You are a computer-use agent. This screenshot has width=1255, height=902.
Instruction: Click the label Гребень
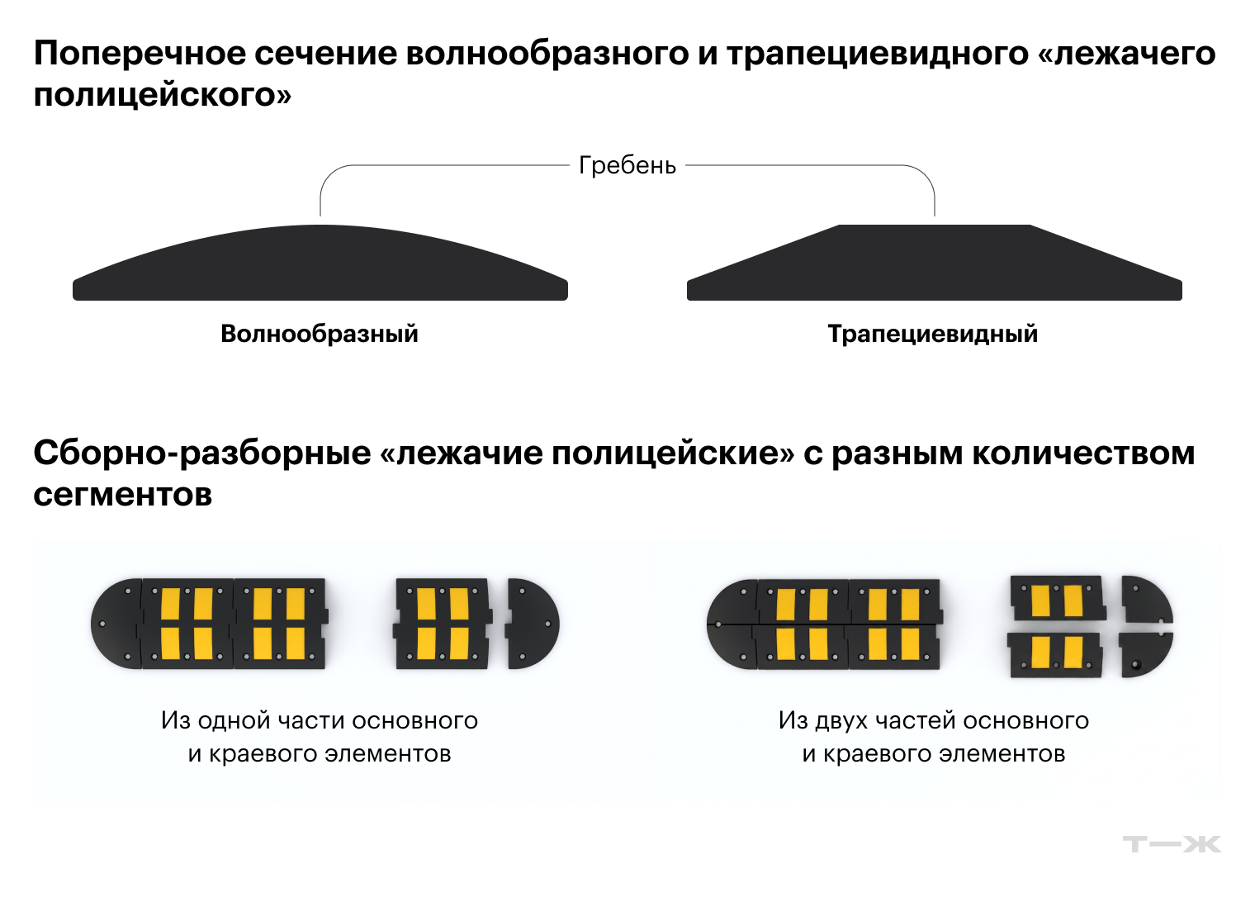tap(627, 165)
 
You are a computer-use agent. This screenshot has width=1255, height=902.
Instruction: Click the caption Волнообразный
tap(320, 334)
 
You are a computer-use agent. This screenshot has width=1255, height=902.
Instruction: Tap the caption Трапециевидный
tap(933, 334)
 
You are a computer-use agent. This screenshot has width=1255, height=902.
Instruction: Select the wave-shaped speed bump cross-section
tap(320, 263)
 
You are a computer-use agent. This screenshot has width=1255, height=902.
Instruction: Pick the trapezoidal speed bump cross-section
tap(935, 263)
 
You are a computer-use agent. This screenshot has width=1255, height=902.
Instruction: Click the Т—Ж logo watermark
tap(1172, 843)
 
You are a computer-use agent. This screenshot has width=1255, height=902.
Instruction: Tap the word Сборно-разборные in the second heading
tap(202, 453)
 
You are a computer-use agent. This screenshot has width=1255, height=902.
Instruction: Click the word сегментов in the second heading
tap(123, 495)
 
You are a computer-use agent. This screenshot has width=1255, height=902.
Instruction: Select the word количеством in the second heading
tap(1083, 453)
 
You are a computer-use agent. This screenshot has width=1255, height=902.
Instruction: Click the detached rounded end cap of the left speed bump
tap(533, 624)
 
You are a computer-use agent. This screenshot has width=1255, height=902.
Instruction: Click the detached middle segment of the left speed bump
tap(443, 624)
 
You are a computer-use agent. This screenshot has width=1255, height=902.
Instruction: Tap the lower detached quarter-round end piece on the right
tap(1145, 655)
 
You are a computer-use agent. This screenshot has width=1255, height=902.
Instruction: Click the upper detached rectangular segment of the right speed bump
tap(1058, 597)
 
